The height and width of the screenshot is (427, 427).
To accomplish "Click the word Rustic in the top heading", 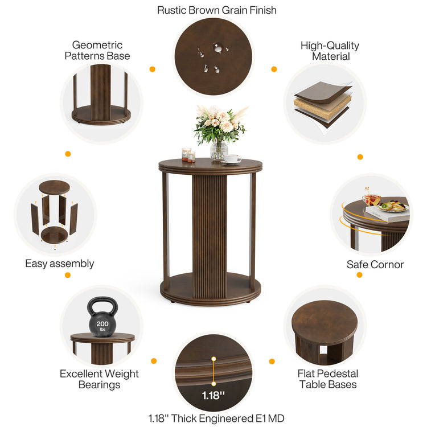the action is click(x=172, y=10).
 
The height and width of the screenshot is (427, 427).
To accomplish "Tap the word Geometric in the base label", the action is click(x=97, y=45).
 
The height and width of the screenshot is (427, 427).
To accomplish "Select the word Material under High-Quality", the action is click(x=331, y=56).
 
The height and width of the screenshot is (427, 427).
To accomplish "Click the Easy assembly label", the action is click(x=60, y=264).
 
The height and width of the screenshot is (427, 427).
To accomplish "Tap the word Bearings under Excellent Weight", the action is click(x=100, y=385).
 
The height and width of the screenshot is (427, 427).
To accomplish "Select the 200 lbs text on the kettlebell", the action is click(x=102, y=326).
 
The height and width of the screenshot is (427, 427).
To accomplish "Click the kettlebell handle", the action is click(x=102, y=305).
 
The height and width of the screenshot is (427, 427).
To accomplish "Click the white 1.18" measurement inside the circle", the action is click(x=213, y=396).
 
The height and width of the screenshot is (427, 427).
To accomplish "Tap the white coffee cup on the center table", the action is click(x=232, y=158).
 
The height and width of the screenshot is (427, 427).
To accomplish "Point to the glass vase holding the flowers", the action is click(x=219, y=150).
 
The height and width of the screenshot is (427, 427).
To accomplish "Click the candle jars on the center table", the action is click(x=188, y=155).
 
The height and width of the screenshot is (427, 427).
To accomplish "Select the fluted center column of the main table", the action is click(x=210, y=236).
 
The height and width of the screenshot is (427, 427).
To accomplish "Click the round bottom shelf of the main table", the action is click(x=211, y=289).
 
